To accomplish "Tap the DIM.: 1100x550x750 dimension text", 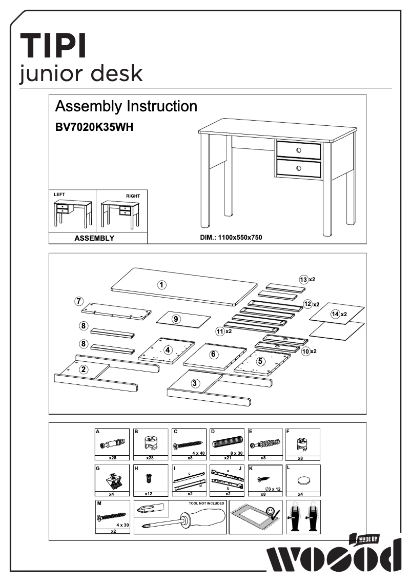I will click(x=231, y=238).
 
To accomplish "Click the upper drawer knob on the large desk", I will click(x=299, y=150).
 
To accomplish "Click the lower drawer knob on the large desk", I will click(x=299, y=168).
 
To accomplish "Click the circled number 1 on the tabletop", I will click(x=161, y=285).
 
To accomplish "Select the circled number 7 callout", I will click(x=79, y=301).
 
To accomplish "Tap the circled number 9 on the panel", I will click(x=176, y=319).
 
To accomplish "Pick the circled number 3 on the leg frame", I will click(x=195, y=383).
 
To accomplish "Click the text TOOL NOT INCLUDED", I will click(x=207, y=503).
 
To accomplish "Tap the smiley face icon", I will click(x=271, y=511).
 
